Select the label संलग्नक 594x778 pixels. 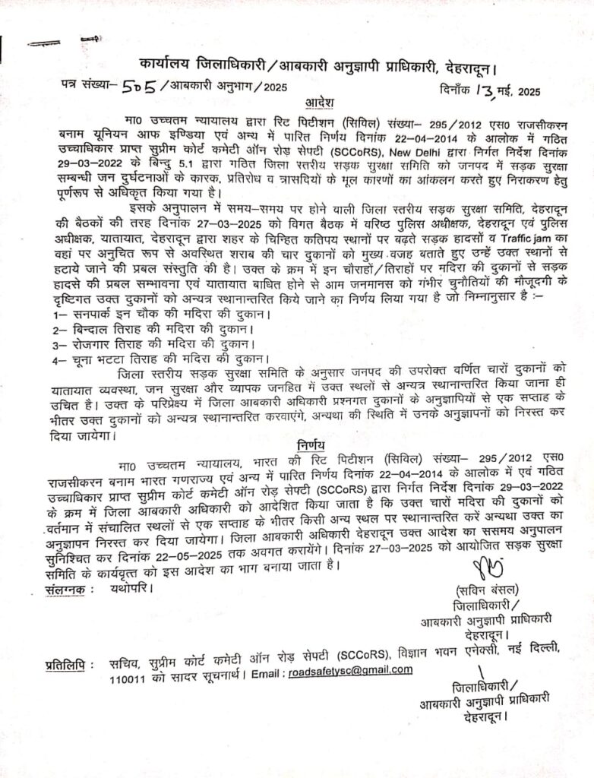click(x=69, y=588)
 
